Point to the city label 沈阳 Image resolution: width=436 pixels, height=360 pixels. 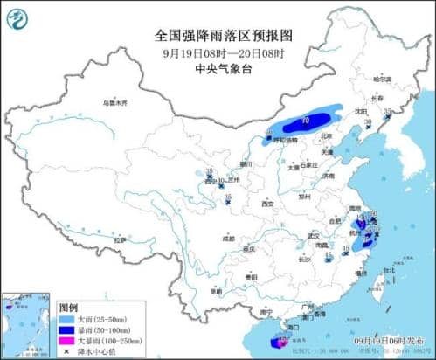(x=359, y=112)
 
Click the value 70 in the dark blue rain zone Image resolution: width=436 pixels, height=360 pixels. (x=305, y=118)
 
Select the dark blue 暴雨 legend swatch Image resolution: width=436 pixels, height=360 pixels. (x=65, y=330)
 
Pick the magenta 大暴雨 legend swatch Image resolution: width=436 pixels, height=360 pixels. (x=65, y=341)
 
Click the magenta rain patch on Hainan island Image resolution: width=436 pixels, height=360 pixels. (x=280, y=343)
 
